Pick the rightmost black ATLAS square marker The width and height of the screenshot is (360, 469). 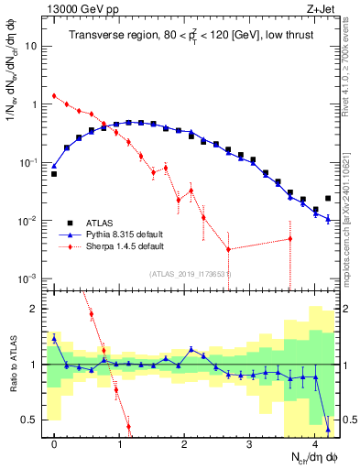[328, 198]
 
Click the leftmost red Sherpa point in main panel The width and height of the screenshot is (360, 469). [54, 95]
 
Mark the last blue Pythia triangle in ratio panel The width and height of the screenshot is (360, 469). [328, 429]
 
